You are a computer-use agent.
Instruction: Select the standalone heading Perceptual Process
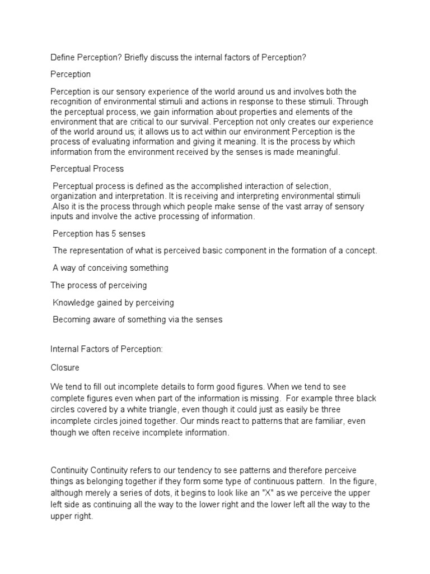(x=87, y=168)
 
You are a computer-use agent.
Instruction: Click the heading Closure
(x=65, y=368)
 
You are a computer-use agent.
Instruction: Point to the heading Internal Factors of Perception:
(x=106, y=350)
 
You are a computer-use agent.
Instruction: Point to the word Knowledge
(x=76, y=303)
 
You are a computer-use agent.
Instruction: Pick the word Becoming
(x=73, y=320)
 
